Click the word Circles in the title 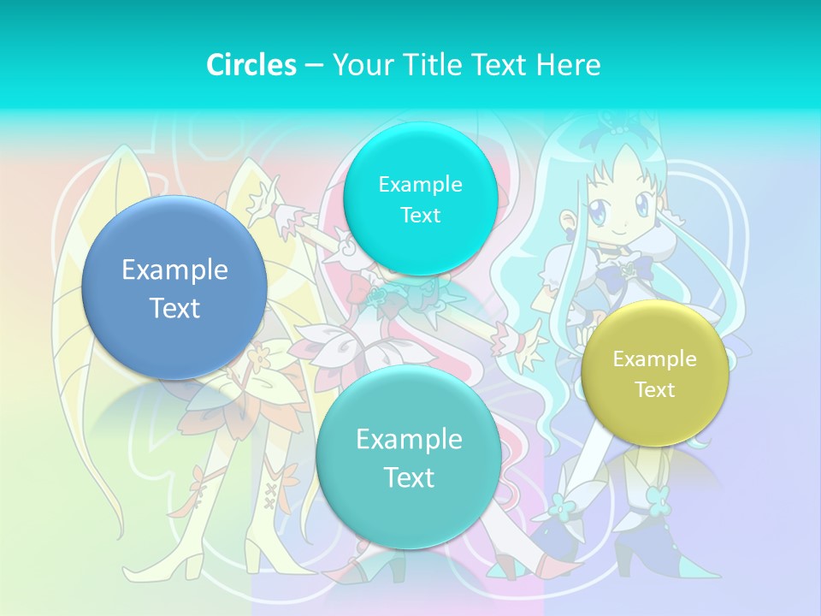click(251, 65)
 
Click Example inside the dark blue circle click(174, 270)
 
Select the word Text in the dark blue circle click(174, 308)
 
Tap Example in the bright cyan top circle click(420, 184)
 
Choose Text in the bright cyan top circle click(420, 215)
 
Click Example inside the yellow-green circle click(654, 359)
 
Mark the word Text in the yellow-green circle click(654, 390)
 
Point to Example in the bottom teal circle click(409, 440)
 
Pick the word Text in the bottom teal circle click(409, 477)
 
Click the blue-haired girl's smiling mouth click(623, 232)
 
